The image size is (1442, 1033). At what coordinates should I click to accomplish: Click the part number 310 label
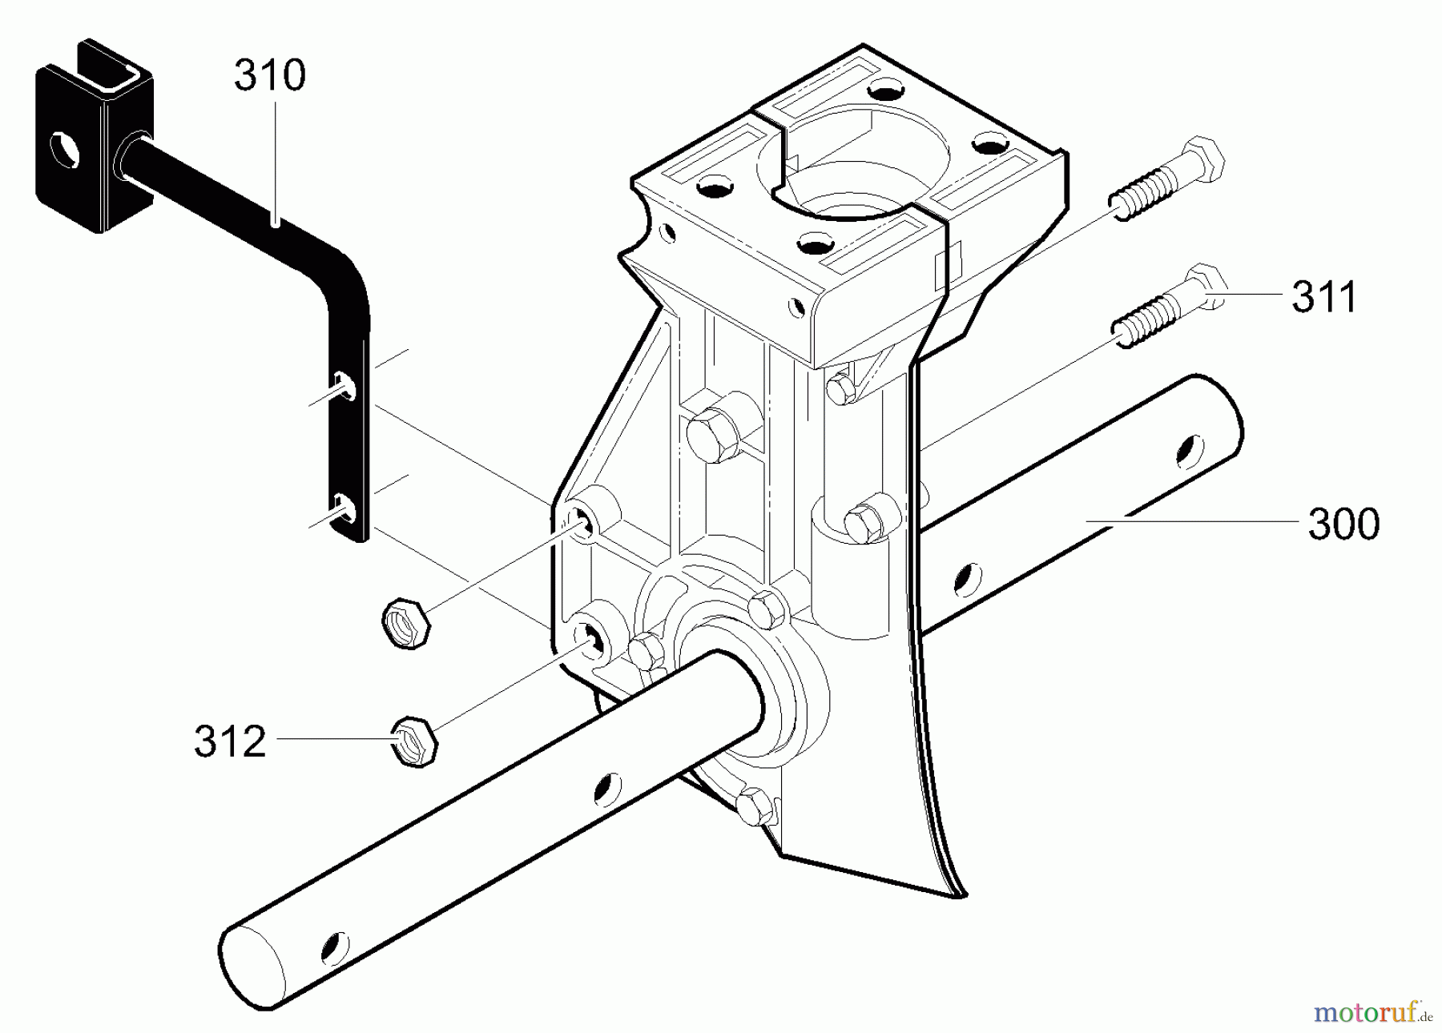click(x=270, y=75)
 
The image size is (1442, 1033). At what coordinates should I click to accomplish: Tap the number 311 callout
click(x=1324, y=296)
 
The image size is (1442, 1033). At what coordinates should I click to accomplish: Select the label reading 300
click(x=1343, y=525)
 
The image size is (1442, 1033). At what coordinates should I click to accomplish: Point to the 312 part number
click(x=230, y=742)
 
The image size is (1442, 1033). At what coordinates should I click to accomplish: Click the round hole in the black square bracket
click(x=64, y=150)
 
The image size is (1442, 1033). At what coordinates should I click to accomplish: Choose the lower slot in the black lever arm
click(x=344, y=508)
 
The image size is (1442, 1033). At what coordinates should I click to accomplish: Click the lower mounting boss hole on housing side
click(x=590, y=637)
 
